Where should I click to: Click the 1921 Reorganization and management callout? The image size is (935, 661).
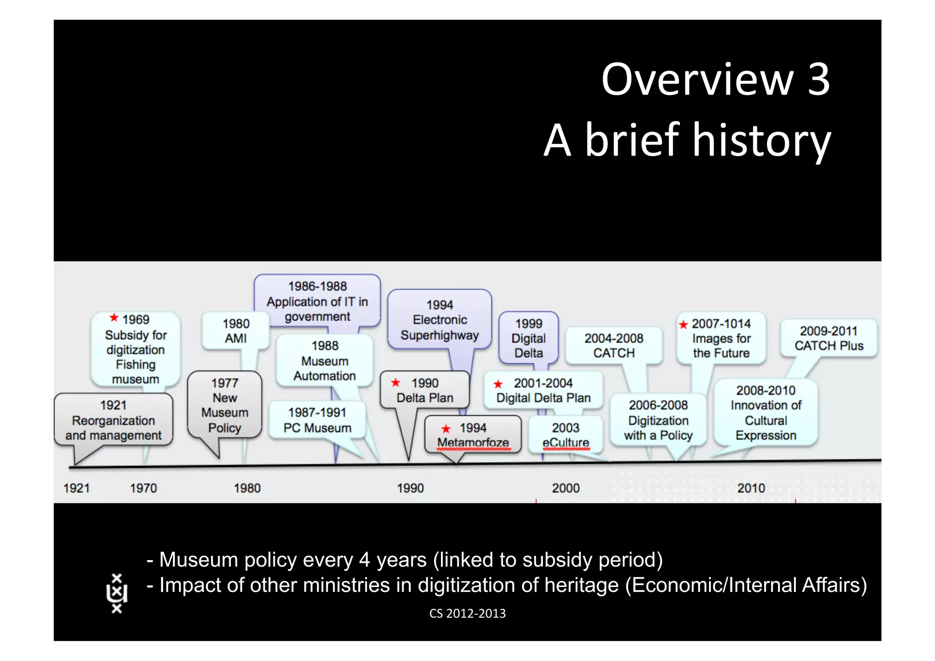tap(113, 420)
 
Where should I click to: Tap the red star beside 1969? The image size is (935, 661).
tap(114, 317)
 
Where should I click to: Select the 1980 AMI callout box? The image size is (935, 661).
tap(236, 331)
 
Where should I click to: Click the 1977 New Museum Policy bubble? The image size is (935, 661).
tap(225, 405)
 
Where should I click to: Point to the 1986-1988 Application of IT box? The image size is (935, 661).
tap(317, 301)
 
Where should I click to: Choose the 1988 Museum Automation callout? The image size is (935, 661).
tap(325, 361)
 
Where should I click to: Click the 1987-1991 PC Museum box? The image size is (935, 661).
tap(317, 420)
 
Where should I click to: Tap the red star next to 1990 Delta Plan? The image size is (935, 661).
tap(396, 383)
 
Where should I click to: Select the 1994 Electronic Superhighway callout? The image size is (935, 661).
tap(440, 320)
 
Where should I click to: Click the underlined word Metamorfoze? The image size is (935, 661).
tap(473, 443)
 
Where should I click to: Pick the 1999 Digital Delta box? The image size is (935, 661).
tap(529, 338)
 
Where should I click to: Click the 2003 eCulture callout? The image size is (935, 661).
tap(566, 435)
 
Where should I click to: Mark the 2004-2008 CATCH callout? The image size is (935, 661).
tap(614, 345)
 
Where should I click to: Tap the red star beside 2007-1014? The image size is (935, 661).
tap(683, 325)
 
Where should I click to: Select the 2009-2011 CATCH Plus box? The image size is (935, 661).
tap(829, 338)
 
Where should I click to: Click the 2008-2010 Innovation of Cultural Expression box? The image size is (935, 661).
tap(766, 412)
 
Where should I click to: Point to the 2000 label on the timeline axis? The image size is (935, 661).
tap(566, 488)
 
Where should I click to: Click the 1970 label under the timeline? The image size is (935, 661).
tap(143, 488)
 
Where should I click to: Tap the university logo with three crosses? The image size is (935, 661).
tap(117, 593)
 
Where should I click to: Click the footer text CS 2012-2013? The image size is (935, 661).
tap(467, 613)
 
